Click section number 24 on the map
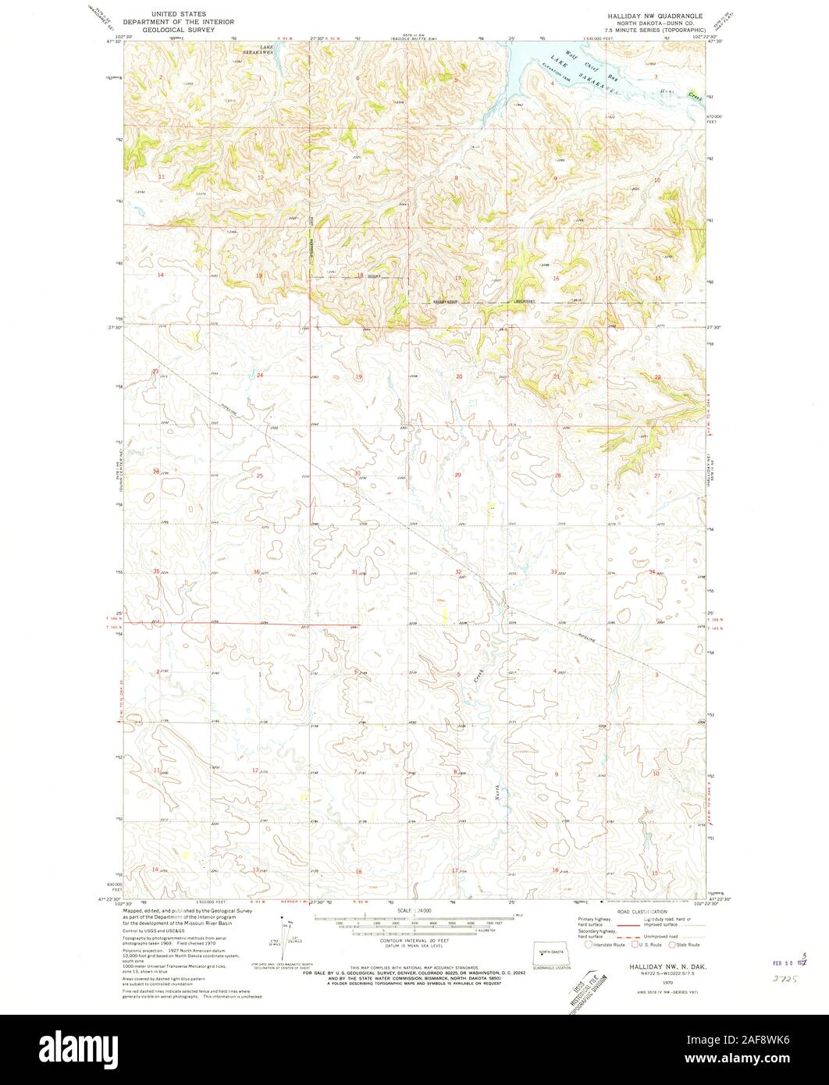pos(260,376)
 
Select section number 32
pos(459,572)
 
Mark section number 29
pos(458,475)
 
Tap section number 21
pos(557,377)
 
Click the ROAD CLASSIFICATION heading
pos(642,912)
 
